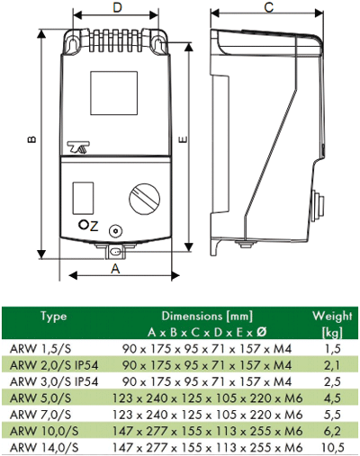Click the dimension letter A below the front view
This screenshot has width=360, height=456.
pos(115,267)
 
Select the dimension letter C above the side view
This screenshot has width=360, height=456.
pos(269,8)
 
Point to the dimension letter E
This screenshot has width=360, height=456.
pos(182,140)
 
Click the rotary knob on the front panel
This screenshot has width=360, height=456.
pos(144,198)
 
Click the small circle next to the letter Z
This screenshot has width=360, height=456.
pos(83,226)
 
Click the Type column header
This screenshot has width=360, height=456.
pos(56,317)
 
